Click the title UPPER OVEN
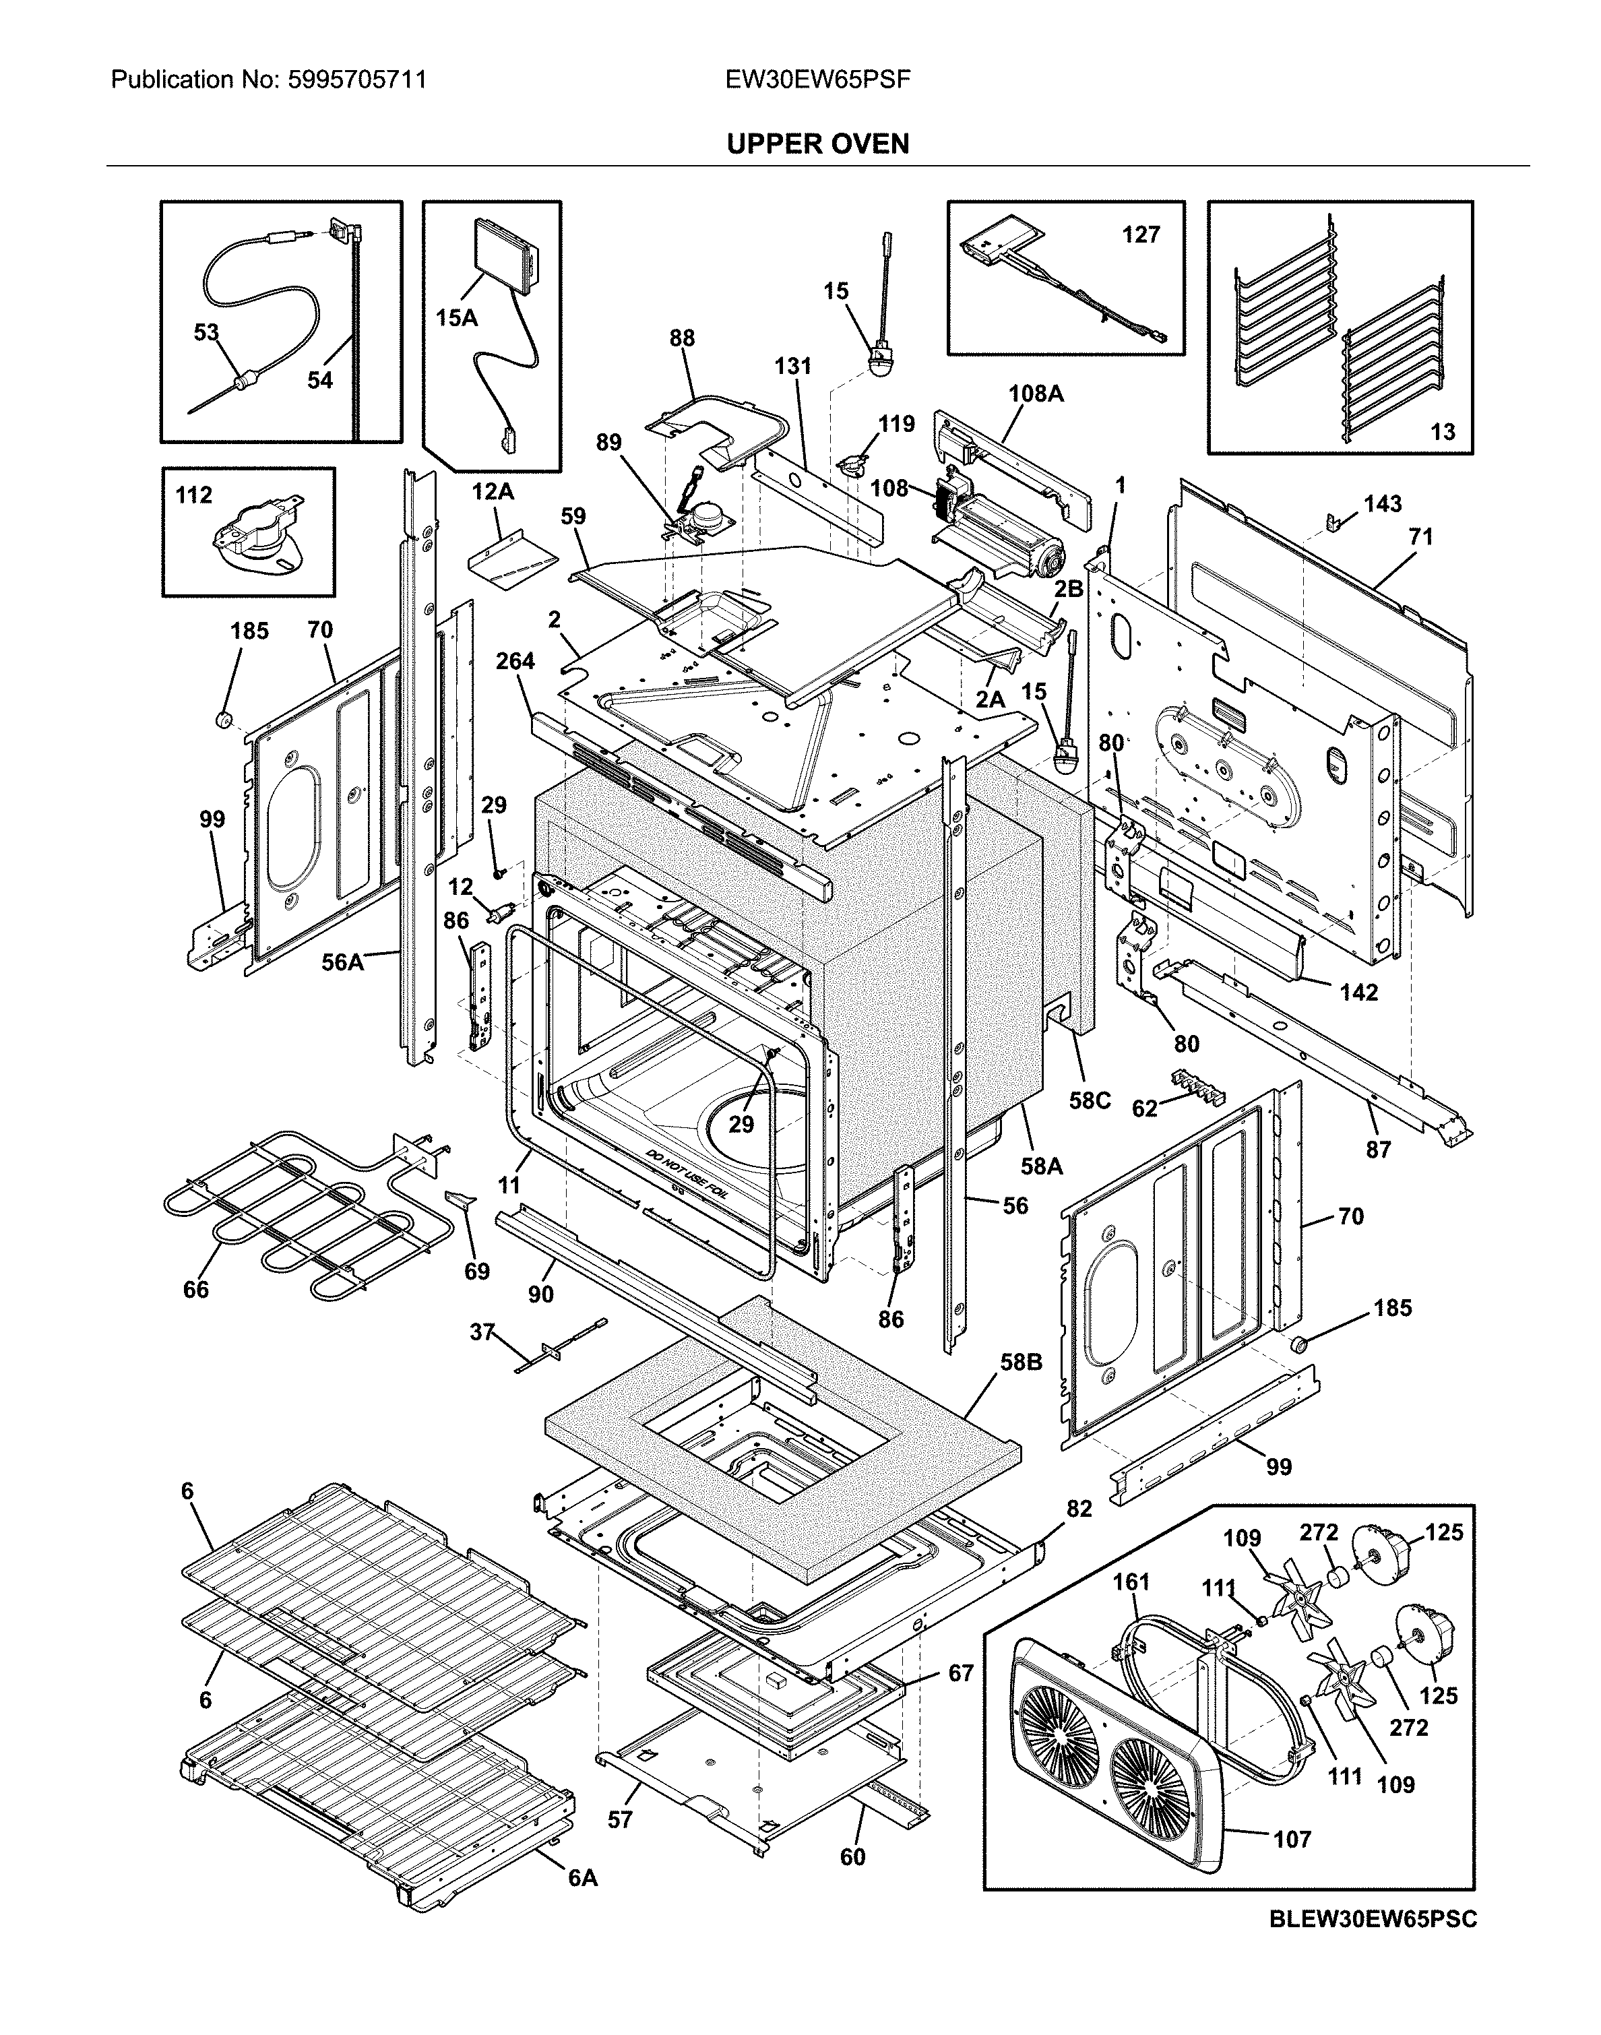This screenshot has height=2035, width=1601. coord(817,144)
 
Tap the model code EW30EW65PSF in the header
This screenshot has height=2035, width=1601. coord(817,80)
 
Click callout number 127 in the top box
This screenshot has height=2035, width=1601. coord(1141,234)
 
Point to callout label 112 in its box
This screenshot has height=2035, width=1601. coord(193,495)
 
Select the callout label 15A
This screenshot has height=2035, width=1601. coord(456,319)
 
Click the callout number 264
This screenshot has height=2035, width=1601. coord(515,661)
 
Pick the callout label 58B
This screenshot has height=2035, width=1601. coord(1021,1362)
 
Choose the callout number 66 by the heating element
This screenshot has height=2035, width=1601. coord(196,1290)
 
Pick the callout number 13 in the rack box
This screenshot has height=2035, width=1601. coord(1443,431)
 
